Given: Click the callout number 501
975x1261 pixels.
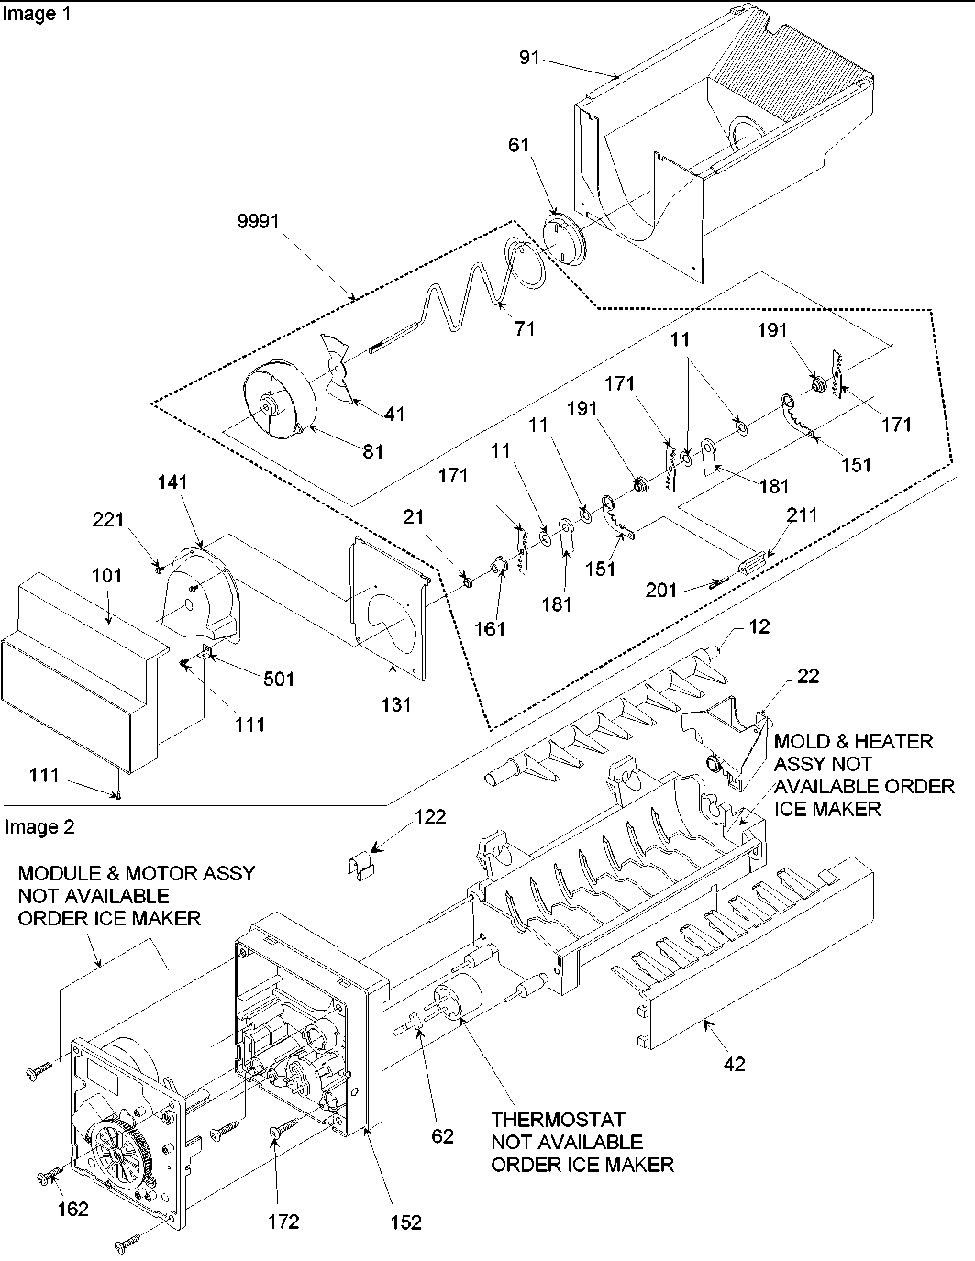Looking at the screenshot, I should point(279,679).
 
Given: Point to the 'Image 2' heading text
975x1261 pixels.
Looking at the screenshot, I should point(39,827).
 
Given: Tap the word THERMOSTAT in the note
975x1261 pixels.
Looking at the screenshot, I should point(558,1120).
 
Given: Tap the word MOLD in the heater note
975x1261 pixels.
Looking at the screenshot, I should point(803,740).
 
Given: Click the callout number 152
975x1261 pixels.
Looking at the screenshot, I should point(405,1222).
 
